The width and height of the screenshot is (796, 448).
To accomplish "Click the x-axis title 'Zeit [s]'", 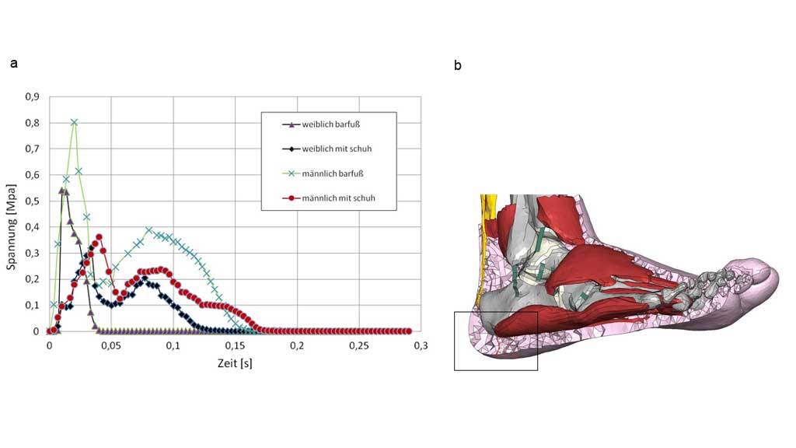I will point(235,363).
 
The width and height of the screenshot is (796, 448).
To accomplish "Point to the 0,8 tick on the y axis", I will point(32,123).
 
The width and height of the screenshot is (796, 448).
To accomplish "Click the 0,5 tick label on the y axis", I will point(32,201).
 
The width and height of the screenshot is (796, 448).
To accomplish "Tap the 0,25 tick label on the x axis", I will point(358,345).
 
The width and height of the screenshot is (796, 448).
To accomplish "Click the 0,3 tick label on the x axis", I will point(421,345).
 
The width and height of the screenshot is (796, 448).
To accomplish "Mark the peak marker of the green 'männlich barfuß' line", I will point(75,122).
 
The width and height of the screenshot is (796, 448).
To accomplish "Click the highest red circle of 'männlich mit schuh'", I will point(99,236).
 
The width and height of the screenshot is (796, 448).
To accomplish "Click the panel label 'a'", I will point(13,64).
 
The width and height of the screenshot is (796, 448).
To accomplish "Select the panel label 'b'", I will point(458,65).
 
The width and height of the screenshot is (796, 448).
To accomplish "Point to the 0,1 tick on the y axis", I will point(32,305).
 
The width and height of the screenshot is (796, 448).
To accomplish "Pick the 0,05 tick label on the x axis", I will point(111,345).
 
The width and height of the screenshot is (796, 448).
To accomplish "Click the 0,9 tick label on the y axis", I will point(32,96).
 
